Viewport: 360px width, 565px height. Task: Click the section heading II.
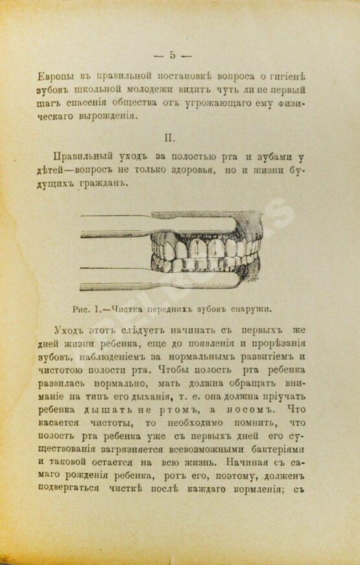[172, 138]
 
